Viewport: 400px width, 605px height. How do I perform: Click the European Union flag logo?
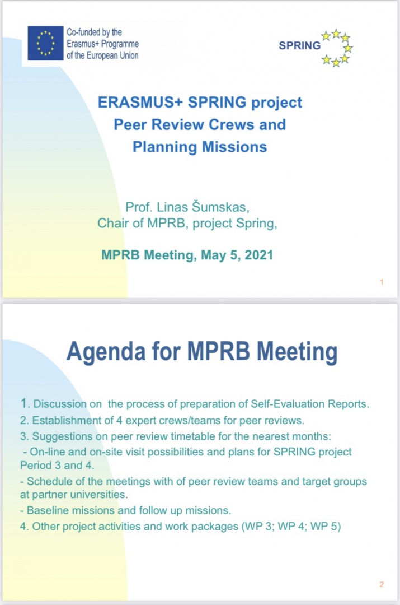(x=46, y=43)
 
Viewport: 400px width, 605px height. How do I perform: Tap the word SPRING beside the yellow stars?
(x=300, y=46)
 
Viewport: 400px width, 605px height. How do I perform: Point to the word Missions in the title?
(x=234, y=147)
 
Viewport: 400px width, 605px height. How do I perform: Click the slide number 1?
(x=382, y=282)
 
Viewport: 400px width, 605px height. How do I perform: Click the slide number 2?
(x=382, y=585)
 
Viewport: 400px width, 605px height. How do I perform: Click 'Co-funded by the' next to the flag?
(x=94, y=32)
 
